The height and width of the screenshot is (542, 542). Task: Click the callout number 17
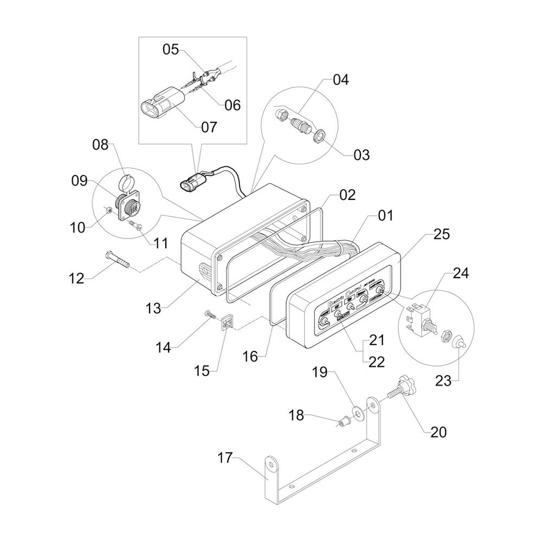[x=224, y=459]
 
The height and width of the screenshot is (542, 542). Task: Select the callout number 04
[x=341, y=80]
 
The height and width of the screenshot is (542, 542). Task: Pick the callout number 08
[x=100, y=145]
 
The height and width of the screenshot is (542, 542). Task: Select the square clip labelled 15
[x=228, y=324]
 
